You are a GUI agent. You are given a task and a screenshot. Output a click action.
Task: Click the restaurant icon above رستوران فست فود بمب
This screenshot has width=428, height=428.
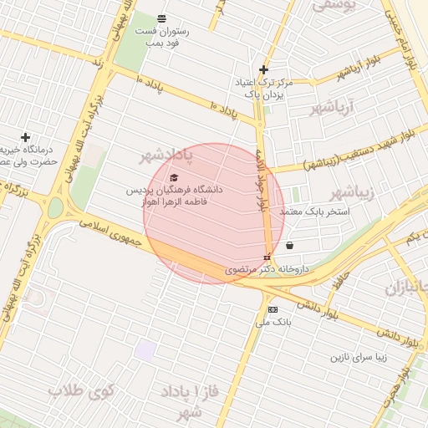(161, 18)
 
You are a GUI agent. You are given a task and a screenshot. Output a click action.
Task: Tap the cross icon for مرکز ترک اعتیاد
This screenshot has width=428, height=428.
(264, 69)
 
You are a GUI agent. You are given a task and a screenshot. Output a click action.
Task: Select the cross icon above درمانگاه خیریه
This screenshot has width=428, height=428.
(25, 137)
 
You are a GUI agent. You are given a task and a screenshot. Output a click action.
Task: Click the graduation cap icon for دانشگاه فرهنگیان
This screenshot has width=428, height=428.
(174, 177)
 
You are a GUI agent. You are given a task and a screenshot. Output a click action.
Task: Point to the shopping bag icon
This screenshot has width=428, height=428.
(289, 246)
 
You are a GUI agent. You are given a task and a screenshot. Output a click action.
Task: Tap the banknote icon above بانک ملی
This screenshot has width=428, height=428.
(273, 309)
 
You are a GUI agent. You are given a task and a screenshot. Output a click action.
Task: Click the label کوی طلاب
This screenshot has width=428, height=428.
(81, 390)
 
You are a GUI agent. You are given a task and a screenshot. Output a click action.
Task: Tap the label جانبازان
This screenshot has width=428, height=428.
(406, 288)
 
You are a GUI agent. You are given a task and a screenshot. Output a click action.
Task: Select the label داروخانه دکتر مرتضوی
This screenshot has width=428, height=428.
(267, 270)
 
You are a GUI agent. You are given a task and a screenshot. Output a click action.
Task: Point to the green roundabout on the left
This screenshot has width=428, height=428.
(56, 207)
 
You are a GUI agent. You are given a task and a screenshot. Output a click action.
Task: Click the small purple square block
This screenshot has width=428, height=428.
(145, 350)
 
